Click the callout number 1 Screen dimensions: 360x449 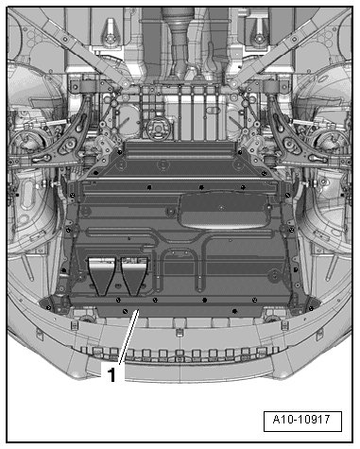pos(111,374)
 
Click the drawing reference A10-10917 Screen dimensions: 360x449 pos(301,420)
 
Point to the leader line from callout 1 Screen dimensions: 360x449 pos(129,337)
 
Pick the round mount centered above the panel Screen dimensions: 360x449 pos(158,129)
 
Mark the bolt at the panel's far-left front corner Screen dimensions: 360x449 pos(48,307)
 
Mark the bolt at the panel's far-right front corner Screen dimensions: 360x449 pos(311,308)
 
